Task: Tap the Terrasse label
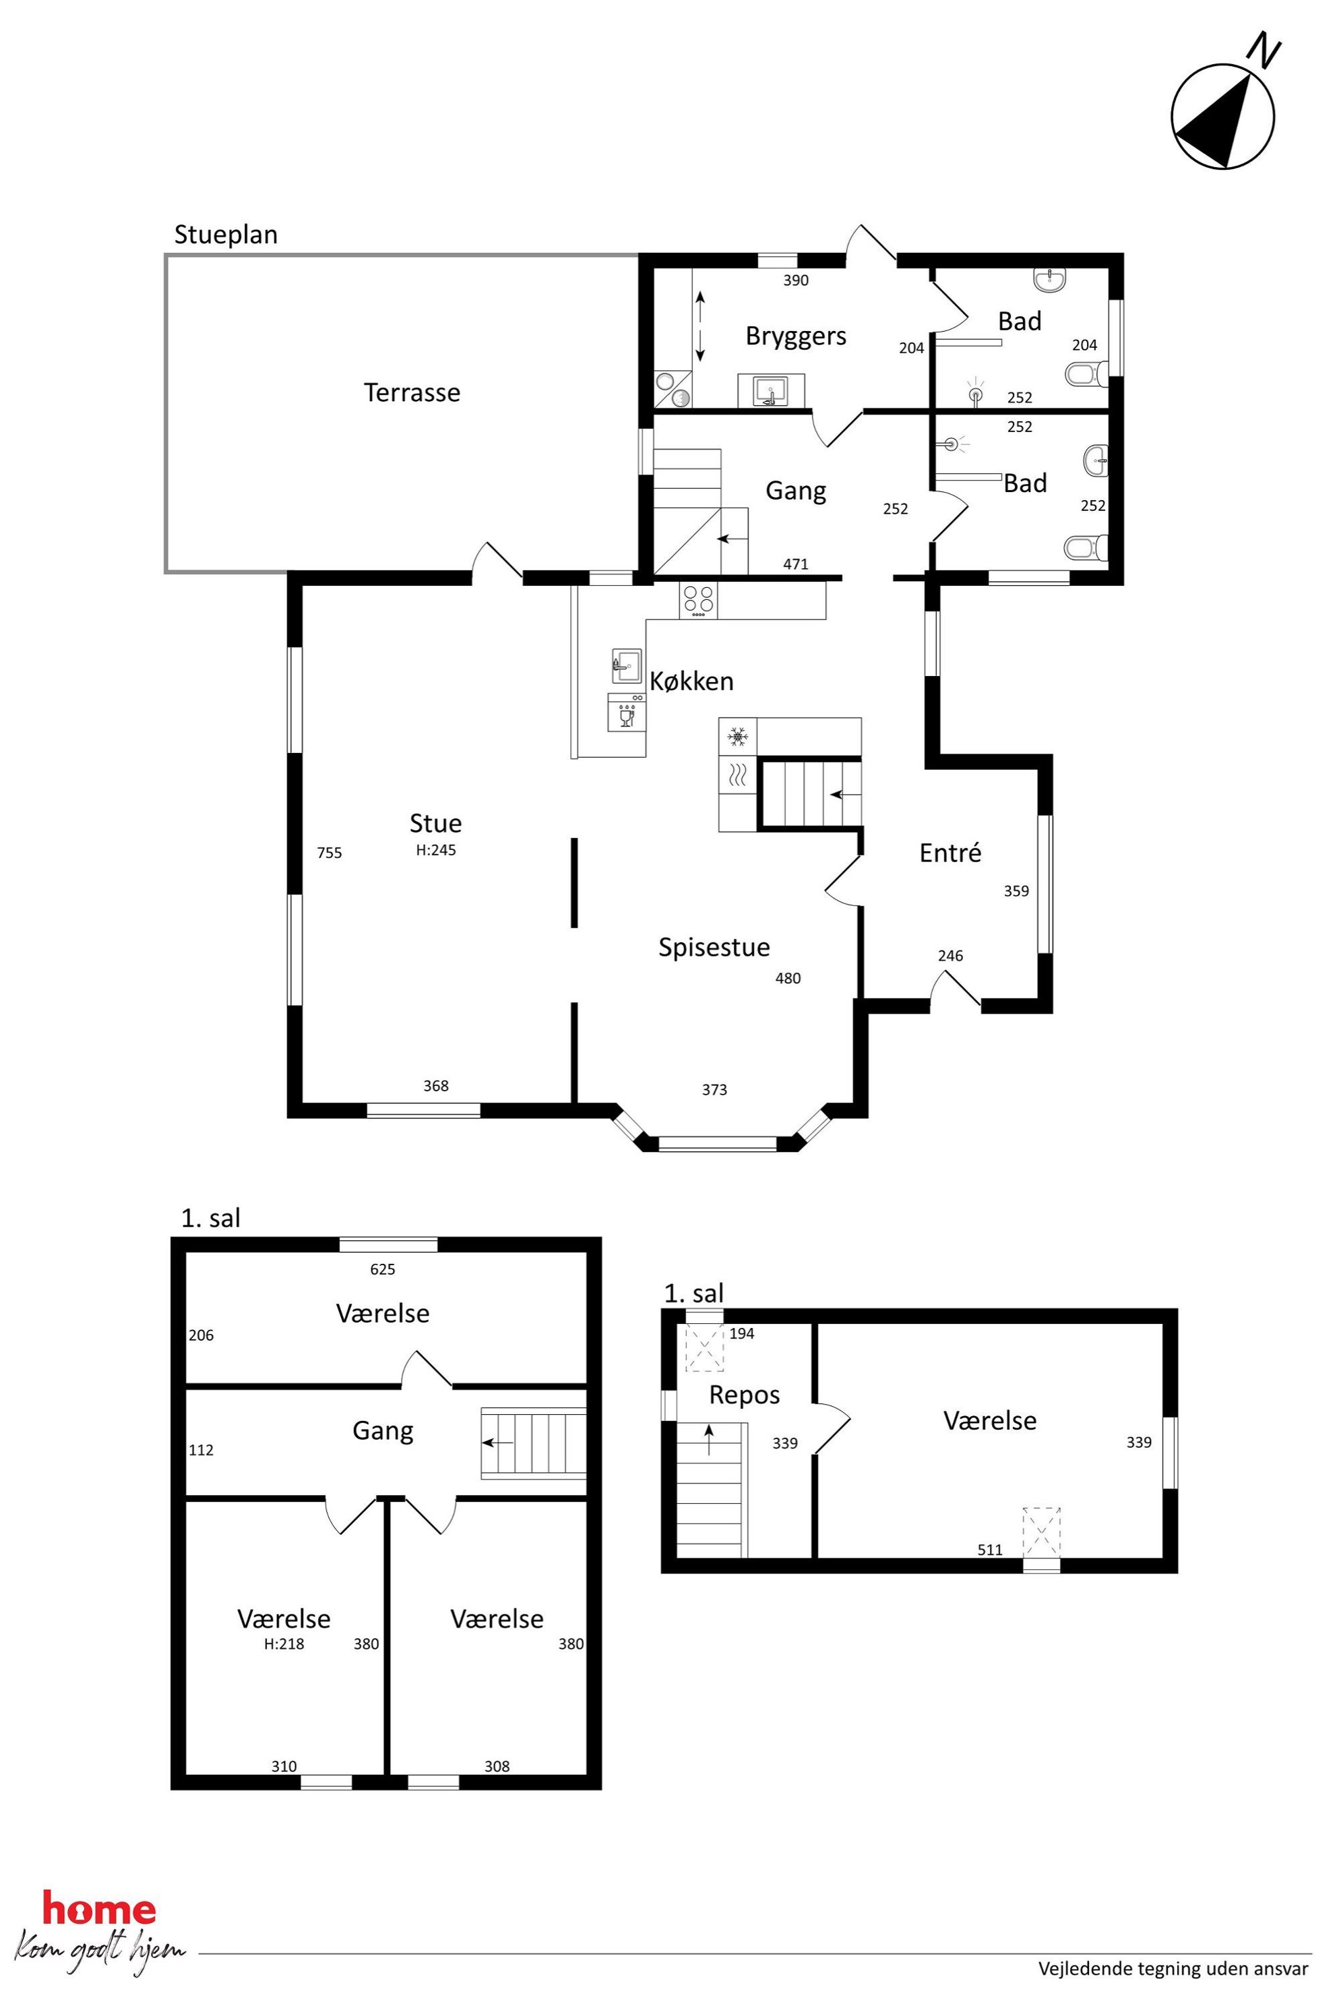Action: click(x=412, y=392)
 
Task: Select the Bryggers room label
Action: click(x=796, y=336)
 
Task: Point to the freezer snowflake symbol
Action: click(x=737, y=735)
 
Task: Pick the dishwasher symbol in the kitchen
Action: click(x=627, y=712)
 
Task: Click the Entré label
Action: click(x=950, y=853)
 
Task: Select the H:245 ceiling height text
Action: click(x=436, y=851)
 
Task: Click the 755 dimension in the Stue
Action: click(x=329, y=852)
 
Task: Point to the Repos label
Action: click(x=745, y=1395)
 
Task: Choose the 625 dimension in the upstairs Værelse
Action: click(x=383, y=1269)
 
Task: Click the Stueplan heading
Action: click(x=226, y=235)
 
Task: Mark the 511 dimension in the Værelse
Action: click(x=990, y=1550)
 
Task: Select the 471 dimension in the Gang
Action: click(x=796, y=564)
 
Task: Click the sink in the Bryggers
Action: click(x=771, y=392)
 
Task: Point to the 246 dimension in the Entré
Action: click(x=950, y=956)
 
